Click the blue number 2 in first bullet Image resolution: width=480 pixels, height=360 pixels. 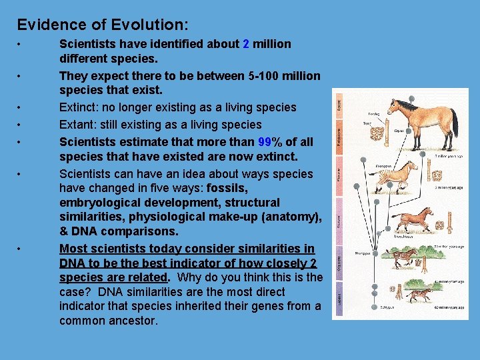(246, 44)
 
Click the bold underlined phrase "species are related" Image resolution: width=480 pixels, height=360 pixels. (113, 277)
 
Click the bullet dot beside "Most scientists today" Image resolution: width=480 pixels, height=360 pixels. (21, 249)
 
